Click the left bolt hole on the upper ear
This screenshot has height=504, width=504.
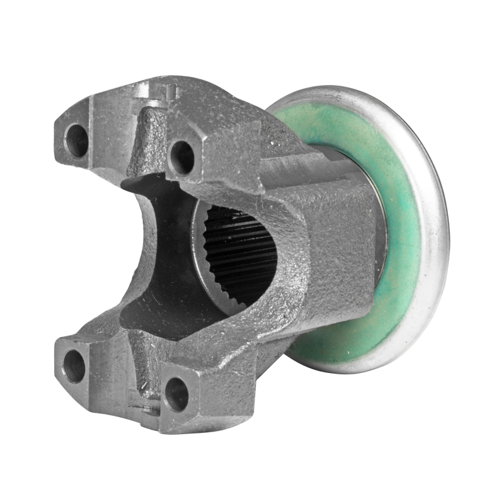pyautogui.click(x=77, y=140)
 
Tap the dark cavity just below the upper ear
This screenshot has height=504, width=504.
pyautogui.click(x=157, y=189)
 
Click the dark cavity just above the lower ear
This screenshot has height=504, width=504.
pyautogui.click(x=157, y=315)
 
